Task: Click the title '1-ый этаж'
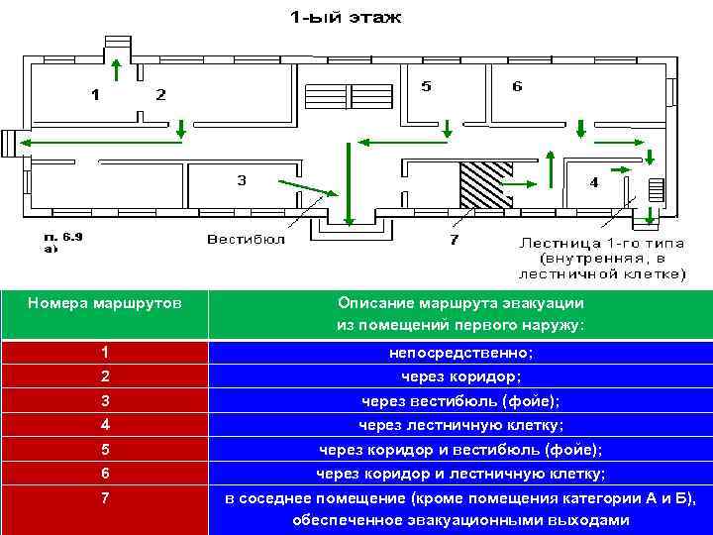346,17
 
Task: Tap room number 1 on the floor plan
95,95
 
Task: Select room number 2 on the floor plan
160,95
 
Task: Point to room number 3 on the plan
241,180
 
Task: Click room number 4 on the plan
594,182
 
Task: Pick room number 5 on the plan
426,86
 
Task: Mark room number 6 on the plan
517,86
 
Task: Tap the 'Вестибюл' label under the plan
246,239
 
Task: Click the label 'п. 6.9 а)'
65,244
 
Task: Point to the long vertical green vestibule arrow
348,185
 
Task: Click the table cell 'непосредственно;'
460,353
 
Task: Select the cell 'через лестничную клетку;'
460,425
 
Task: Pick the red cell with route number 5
104,450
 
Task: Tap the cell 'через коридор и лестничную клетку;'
460,474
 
